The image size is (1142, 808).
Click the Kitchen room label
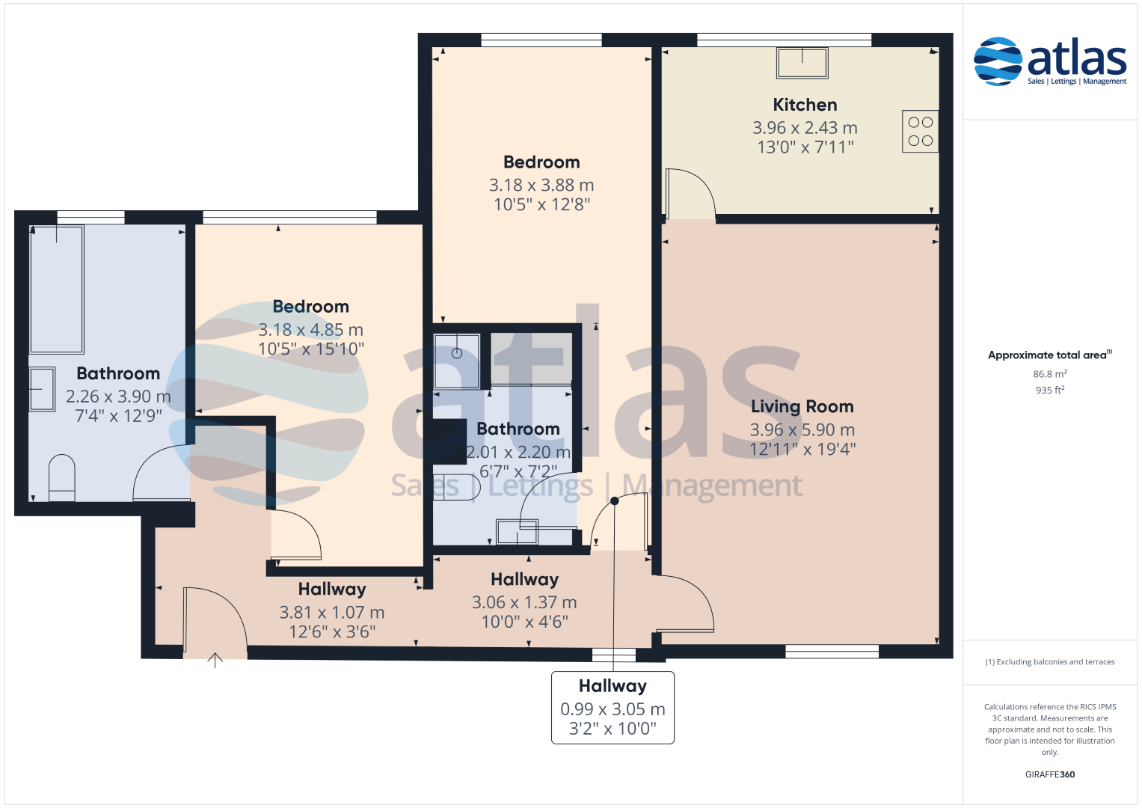805,105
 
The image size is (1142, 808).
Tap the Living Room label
802,406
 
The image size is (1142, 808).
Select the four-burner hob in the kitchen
920,131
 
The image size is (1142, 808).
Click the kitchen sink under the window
802,63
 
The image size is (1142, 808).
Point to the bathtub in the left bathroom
57,290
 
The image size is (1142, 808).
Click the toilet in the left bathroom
61,478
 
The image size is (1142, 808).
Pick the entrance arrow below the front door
215,660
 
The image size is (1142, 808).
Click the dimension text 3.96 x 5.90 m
802,429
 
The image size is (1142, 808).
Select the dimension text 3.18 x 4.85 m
310,329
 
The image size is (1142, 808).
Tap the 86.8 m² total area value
1050,373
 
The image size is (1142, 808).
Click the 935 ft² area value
1050,390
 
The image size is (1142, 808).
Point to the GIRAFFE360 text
1050,774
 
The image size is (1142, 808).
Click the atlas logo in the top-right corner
1050,61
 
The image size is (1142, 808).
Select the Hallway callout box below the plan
613,708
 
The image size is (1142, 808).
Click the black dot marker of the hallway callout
614,501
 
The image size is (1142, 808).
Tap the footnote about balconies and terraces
1050,661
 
